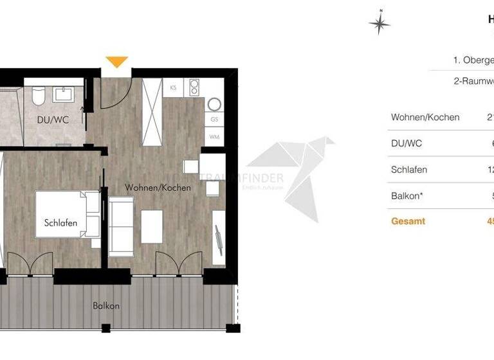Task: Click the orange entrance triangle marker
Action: [x=116, y=62]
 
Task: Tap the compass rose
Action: [x=380, y=23]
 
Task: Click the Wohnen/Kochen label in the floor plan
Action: [x=158, y=188]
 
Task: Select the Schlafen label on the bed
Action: [x=61, y=223]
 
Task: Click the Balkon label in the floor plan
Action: [x=105, y=306]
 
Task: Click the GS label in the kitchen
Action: [x=214, y=120]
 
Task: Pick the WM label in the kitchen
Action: [x=214, y=137]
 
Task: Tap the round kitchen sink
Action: [x=214, y=104]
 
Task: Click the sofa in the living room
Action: [x=121, y=225]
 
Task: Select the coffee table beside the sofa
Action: [x=152, y=227]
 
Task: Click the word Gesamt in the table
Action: [x=408, y=221]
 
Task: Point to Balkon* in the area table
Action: [x=407, y=195]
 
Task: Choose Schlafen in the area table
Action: [x=409, y=170]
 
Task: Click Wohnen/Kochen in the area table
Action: [x=425, y=118]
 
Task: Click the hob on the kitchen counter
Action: [x=194, y=87]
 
